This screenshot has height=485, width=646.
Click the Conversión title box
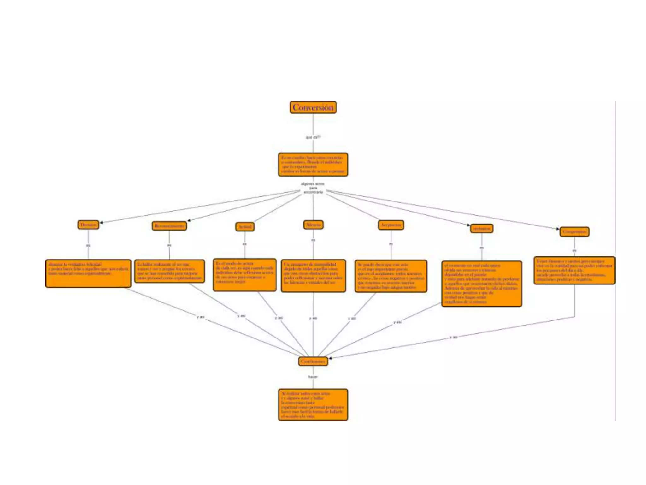coord(313,107)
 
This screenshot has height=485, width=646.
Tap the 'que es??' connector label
coord(313,137)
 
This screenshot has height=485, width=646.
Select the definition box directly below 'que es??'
coord(313,165)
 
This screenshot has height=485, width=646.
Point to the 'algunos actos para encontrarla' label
coord(313,188)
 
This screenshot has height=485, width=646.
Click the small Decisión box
coord(88,225)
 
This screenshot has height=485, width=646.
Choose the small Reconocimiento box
coord(169,226)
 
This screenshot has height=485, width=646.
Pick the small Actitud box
coord(245,227)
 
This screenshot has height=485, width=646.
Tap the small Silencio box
coord(313,225)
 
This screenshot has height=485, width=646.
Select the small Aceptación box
coord(391,225)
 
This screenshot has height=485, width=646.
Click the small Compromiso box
coord(574,232)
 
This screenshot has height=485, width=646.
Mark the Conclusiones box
coord(313,361)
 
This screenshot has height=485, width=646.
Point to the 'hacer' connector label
coord(313,377)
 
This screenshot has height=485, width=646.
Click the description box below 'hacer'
coord(313,405)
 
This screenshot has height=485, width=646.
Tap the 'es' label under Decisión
coord(88,245)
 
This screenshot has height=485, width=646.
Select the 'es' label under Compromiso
coord(574,251)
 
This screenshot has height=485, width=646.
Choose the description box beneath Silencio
coord(313,276)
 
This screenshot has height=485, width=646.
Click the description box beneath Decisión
coord(88,273)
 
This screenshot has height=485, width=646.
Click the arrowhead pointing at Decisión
coord(101,223)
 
